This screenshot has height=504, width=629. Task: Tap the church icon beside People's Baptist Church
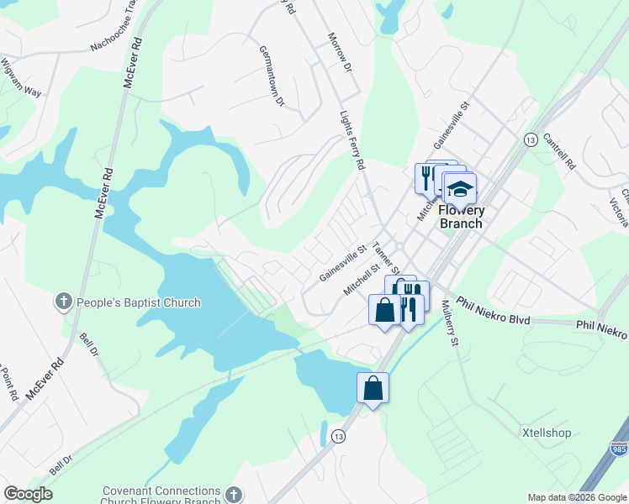(63, 302)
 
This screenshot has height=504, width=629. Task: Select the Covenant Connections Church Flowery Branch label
(161, 496)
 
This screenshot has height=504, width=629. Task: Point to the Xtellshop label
(546, 433)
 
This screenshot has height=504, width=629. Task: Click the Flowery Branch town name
(461, 218)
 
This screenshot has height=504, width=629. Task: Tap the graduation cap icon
(460, 189)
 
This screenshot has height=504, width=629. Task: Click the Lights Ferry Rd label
(351, 141)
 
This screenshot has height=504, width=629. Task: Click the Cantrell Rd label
(559, 152)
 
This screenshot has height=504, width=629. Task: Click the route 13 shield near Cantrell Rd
(530, 139)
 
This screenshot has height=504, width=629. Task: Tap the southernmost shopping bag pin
(373, 388)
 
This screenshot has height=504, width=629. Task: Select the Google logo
(28, 494)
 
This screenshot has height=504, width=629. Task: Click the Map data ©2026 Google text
(576, 497)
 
